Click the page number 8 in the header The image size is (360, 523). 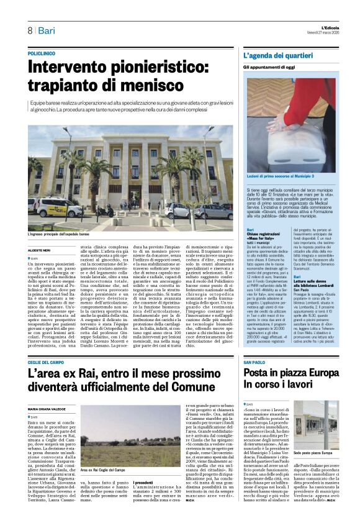(x=30, y=30)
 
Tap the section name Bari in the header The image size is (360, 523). (x=46, y=30)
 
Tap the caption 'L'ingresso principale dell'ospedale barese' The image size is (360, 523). (x=59, y=234)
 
